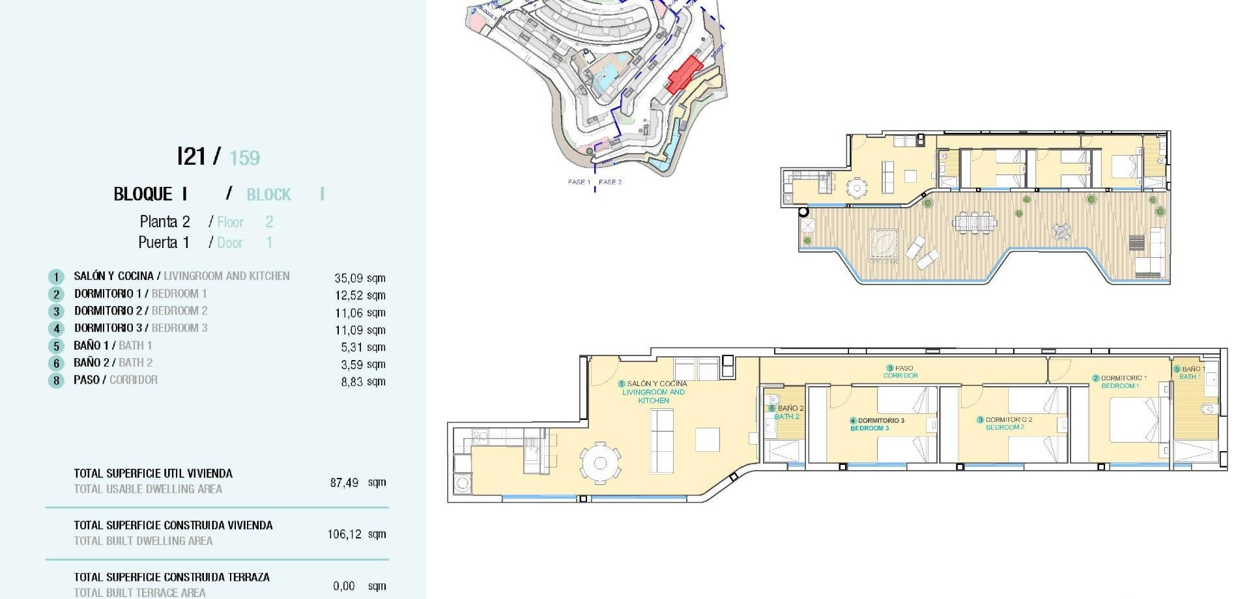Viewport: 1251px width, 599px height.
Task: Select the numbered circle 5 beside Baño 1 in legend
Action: coord(56,346)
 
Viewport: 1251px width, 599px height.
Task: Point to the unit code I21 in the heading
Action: coord(191,157)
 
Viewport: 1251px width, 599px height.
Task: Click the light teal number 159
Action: coord(244,158)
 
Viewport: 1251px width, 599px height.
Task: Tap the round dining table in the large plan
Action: coord(600,464)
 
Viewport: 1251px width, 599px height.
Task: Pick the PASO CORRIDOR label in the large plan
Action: coord(900,372)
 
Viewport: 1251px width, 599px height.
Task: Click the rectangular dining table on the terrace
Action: coord(974,223)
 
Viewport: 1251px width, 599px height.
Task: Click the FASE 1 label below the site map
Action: coord(579,182)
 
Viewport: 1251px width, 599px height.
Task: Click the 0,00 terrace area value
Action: coord(344,587)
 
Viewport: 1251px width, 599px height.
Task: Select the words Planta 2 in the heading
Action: coord(164,222)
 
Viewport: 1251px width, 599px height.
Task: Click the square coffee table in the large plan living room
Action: coord(707,439)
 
